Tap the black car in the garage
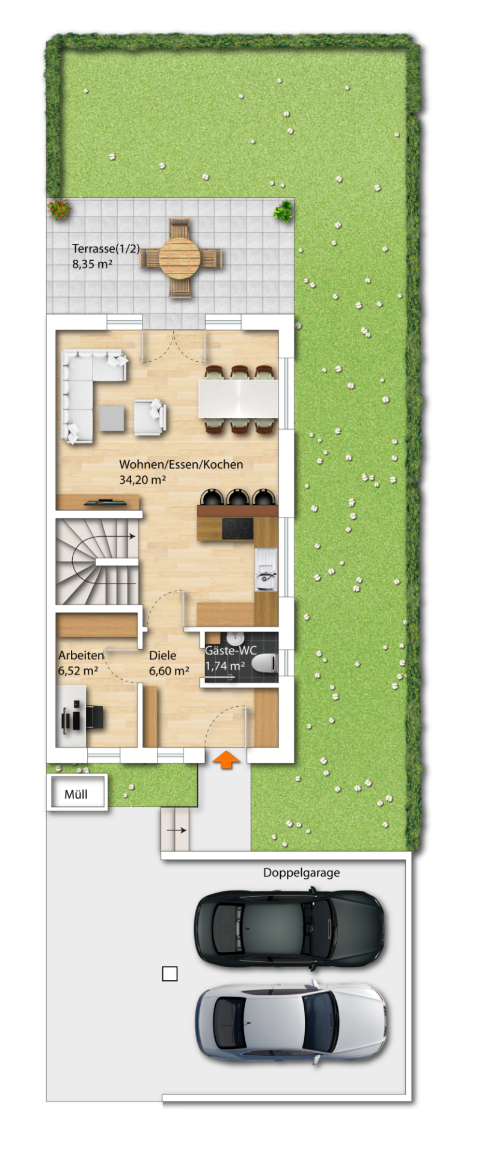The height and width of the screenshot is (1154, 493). point(289,929)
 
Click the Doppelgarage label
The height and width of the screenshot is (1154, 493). point(301,873)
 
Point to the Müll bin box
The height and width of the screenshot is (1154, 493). point(77,793)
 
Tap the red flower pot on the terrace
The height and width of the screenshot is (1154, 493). point(59,209)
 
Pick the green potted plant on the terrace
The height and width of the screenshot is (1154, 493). point(283,211)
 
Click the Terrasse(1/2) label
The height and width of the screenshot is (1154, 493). point(106,248)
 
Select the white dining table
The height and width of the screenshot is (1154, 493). point(239,398)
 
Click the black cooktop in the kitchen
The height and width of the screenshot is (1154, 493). point(238,528)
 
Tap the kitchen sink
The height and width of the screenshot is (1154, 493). point(265,570)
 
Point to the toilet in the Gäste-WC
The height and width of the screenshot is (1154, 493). point(264,664)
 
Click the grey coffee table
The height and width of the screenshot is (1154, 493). point(112,418)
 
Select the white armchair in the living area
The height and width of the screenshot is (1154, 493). point(150,416)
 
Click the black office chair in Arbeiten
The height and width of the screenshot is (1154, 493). point(94,717)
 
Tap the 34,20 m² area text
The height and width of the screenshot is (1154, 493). point(142,480)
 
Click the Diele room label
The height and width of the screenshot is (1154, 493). point(163,655)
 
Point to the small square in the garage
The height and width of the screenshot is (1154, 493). point(170,974)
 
